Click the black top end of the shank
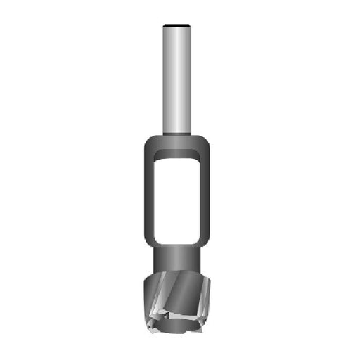179,26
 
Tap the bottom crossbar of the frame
179,243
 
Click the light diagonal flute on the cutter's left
160,295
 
